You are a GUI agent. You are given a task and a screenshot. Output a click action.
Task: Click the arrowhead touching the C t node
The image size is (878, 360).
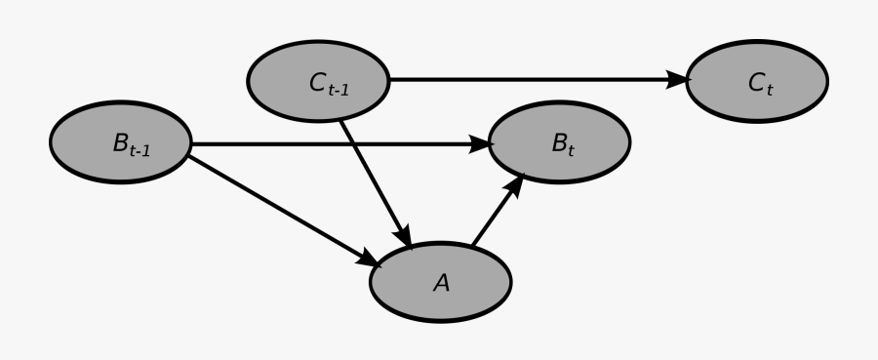[x=678, y=81]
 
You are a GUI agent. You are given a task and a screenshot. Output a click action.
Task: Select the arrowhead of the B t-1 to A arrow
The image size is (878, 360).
[x=369, y=259]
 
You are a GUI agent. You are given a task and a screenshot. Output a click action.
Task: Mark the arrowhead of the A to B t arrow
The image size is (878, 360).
[x=516, y=182]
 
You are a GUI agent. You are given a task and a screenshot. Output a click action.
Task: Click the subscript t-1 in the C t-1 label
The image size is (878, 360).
[x=339, y=89]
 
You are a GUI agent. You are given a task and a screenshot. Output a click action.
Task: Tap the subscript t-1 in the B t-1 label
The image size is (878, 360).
[x=140, y=151]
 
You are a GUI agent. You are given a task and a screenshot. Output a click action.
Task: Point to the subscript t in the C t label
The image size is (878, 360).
[x=769, y=89]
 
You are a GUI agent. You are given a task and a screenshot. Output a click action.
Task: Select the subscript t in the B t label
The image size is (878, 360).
[x=571, y=150]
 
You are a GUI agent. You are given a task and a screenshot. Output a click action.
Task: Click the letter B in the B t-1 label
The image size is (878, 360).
[x=120, y=144]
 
